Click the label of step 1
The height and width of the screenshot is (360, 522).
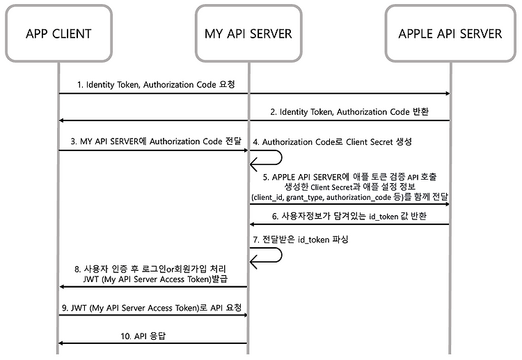tap(156, 84)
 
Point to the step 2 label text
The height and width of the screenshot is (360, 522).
tap(349, 112)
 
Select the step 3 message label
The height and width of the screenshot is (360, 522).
tap(156, 141)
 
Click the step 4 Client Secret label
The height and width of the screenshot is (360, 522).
tap(332, 142)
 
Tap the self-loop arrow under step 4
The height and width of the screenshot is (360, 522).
tap(282, 157)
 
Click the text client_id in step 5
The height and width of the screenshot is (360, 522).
tap(268, 198)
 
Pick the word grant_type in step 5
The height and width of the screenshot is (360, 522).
tap(304, 198)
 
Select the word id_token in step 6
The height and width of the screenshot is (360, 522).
tap(383, 217)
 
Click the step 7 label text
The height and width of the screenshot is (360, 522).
tap(301, 240)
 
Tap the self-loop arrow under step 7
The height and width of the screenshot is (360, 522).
tap(282, 255)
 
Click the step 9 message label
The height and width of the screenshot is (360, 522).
tap(152, 308)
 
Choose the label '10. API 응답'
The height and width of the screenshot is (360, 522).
tap(143, 336)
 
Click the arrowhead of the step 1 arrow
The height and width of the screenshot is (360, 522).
tap(448, 93)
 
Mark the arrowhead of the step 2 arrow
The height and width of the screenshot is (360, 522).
tap(61, 120)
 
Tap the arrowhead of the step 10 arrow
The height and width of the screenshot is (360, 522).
tap(61, 343)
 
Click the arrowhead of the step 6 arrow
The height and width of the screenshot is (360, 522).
tap(253, 224)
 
